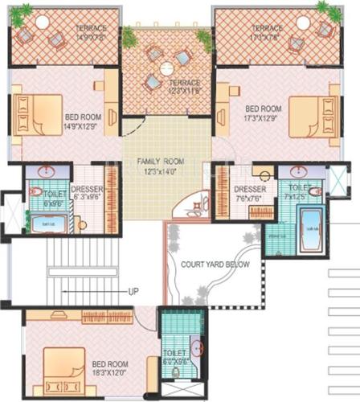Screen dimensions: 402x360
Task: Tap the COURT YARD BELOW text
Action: click(x=215, y=265)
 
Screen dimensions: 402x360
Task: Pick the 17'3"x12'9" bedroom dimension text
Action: click(x=263, y=117)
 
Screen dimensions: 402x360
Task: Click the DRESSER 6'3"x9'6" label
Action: click(x=86, y=194)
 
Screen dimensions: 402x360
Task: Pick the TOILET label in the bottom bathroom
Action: click(x=174, y=356)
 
